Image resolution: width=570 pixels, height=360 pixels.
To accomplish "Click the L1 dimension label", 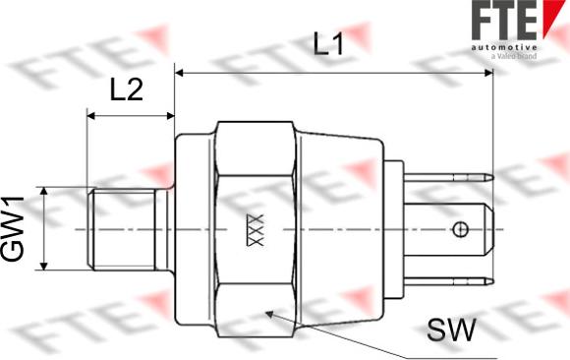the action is pos(328,44).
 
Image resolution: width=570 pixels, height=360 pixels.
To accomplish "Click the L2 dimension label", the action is pos(127,90).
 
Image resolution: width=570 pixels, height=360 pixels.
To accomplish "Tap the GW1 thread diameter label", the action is pos(13,228).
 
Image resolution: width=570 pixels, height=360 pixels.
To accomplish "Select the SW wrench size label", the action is pos(451,330).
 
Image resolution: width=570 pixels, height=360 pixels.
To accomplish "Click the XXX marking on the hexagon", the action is pos(255,230).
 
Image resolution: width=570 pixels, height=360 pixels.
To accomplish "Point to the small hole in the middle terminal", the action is pos(460,229).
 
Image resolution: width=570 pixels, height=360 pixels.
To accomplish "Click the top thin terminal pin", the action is pos(449,178).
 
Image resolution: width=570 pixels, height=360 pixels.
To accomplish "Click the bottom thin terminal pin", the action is pos(449,281).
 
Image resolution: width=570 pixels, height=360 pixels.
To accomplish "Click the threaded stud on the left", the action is pos(127,229).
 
